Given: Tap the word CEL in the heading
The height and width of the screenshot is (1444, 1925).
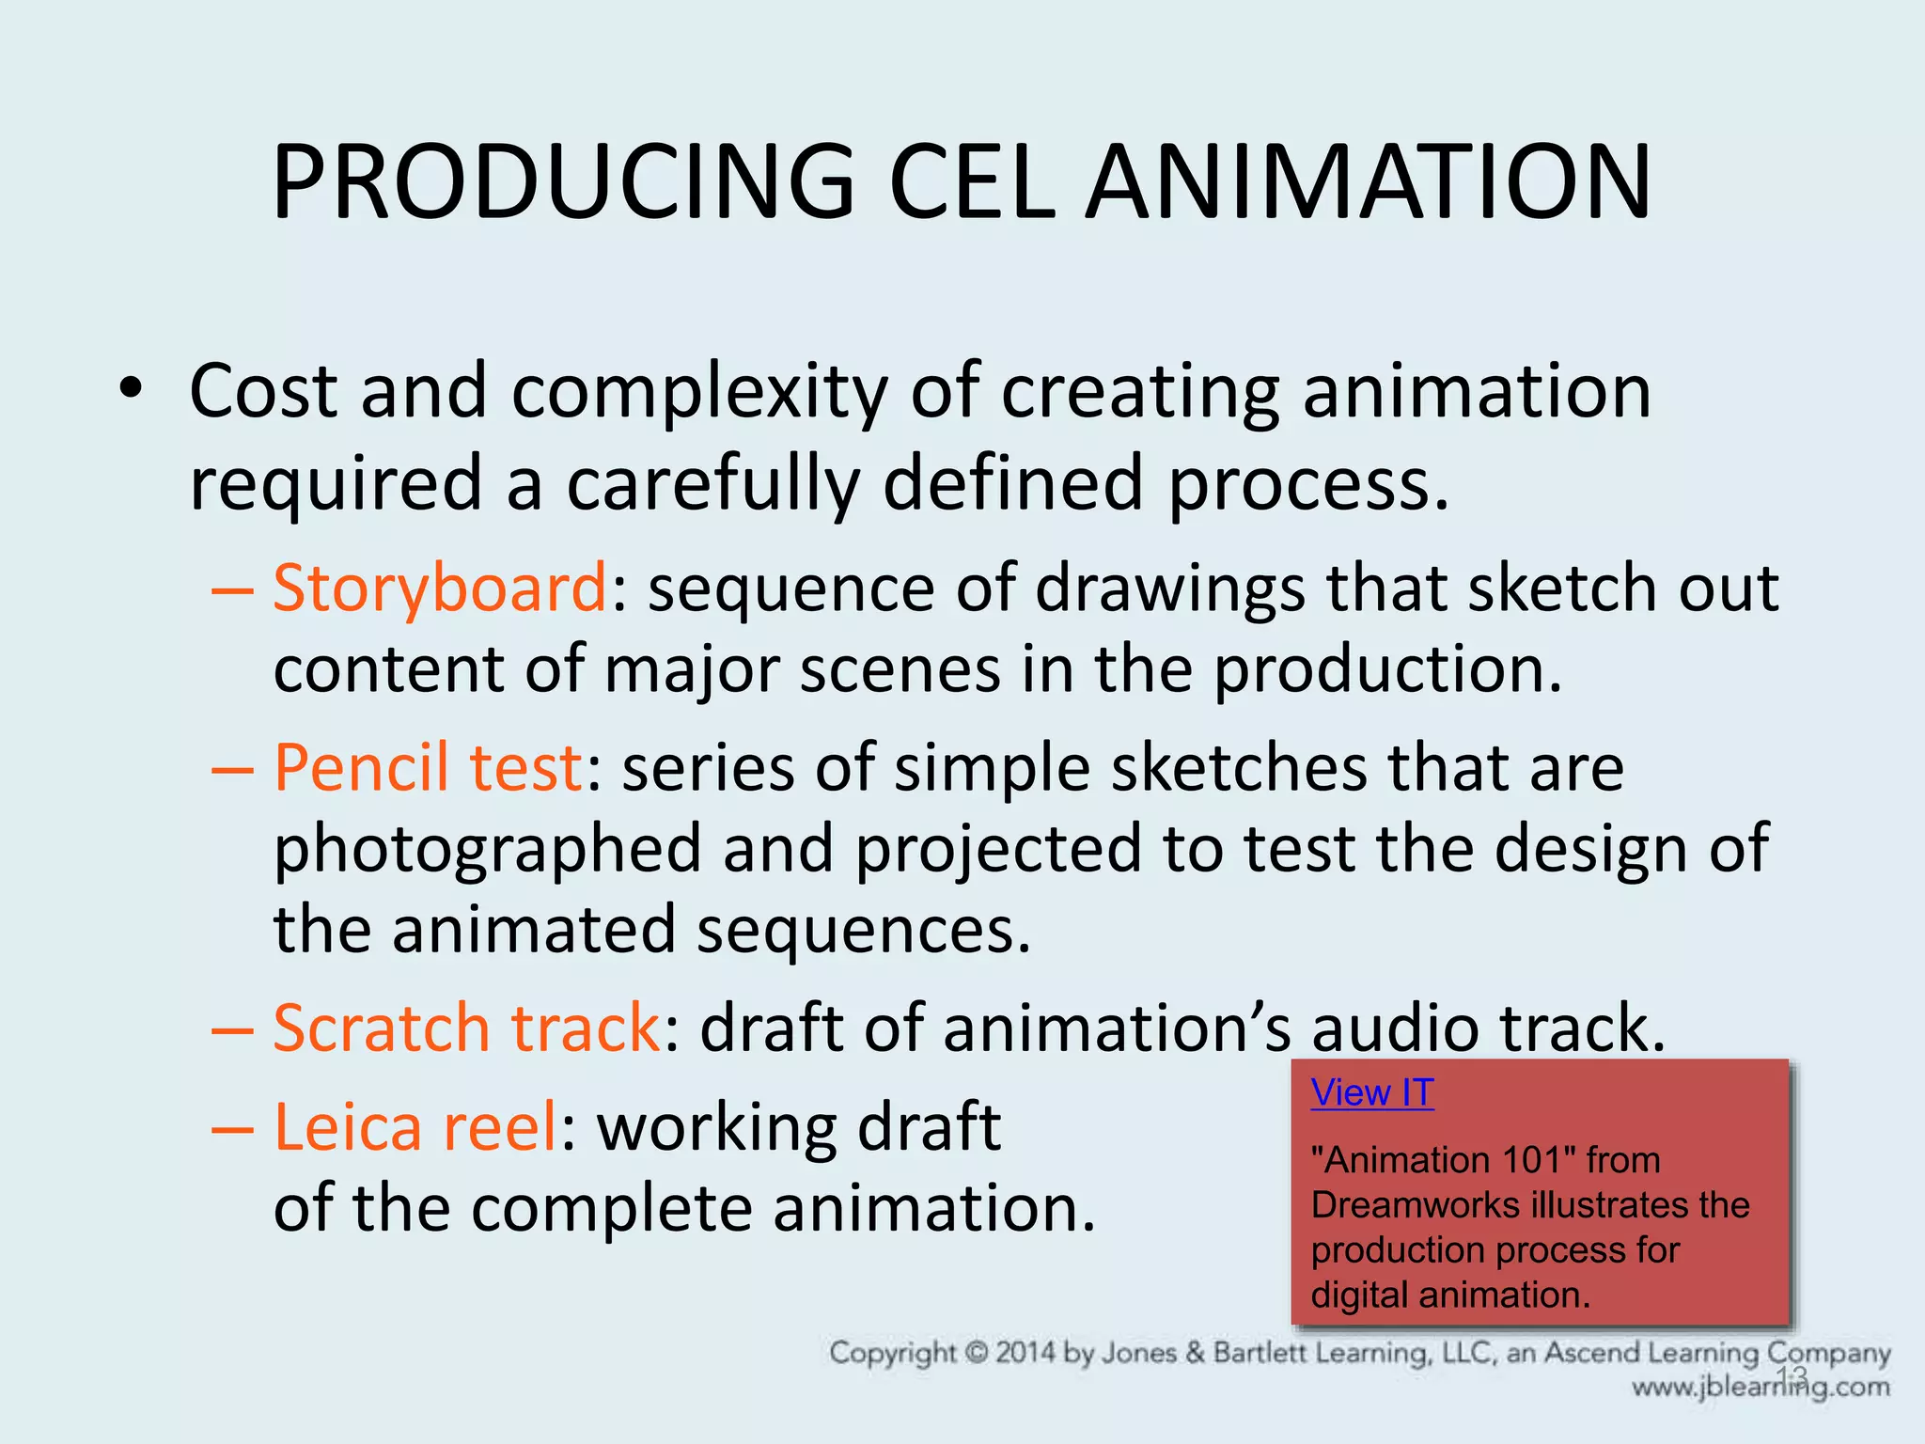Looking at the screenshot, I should [972, 182].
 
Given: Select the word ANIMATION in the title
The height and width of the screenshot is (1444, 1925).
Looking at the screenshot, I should [1368, 182].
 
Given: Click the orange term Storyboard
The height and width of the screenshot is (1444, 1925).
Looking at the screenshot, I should [440, 589].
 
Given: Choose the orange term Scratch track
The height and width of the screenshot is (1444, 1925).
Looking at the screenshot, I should [466, 1028].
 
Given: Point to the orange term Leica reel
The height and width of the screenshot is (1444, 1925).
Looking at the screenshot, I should [415, 1127].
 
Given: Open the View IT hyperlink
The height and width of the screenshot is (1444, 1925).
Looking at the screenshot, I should [1371, 1093].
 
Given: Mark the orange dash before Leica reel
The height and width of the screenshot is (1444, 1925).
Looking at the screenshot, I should [232, 1129].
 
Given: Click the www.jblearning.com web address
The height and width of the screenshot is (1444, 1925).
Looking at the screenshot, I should [1760, 1388].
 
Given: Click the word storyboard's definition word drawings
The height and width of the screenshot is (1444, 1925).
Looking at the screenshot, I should [1169, 589].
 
